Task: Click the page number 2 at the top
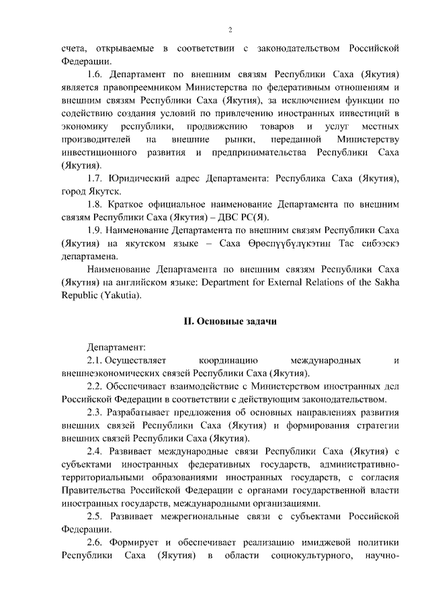230,30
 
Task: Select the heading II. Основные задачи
230,321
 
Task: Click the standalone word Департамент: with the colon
116,347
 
